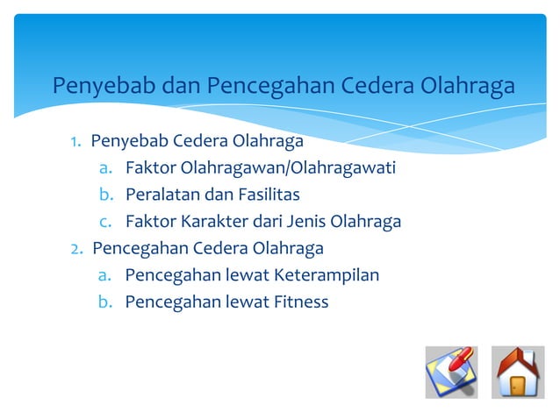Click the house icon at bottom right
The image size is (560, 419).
pyautogui.click(x=518, y=373)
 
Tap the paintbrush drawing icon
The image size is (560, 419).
pyautogui.click(x=451, y=373)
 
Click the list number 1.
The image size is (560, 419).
pyautogui.click(x=76, y=141)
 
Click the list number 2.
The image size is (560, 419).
pyautogui.click(x=77, y=248)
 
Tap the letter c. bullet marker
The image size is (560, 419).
pyautogui.click(x=104, y=221)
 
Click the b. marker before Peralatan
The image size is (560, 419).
pyautogui.click(x=104, y=194)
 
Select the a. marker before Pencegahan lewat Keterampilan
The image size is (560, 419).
pyautogui.click(x=104, y=275)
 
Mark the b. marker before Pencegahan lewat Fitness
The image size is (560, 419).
pyautogui.click(x=104, y=302)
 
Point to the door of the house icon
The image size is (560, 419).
pyautogui.click(x=518, y=387)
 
